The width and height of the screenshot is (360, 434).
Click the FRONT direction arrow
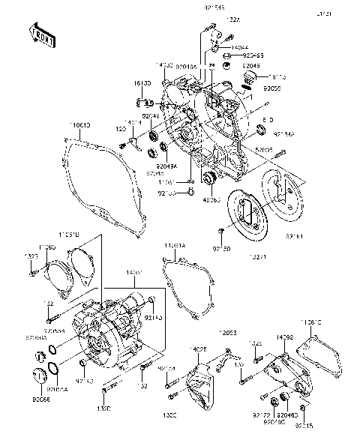click(x=43, y=35)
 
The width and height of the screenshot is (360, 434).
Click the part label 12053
click(x=228, y=331)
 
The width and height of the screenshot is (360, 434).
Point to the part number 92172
click(x=261, y=415)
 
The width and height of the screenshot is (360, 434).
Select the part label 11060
click(x=46, y=247)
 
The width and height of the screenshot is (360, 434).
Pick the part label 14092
click(x=285, y=338)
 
